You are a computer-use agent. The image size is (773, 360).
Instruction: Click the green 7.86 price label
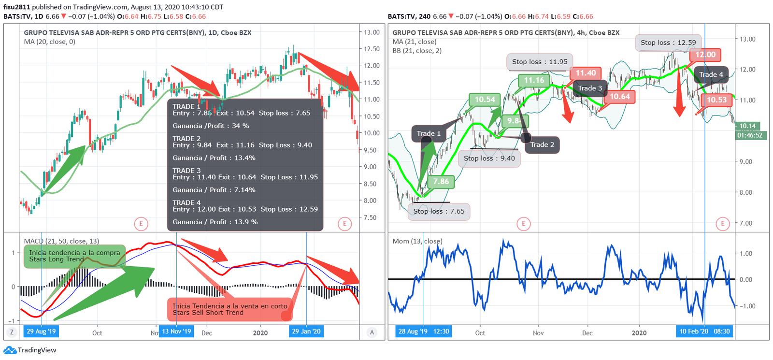click(441, 182)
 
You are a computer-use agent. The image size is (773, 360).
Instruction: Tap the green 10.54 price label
click(485, 100)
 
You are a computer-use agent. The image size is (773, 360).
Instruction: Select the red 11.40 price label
click(586, 73)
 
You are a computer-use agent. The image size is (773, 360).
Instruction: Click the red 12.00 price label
click(705, 55)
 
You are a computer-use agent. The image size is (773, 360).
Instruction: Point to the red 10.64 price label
click(619, 97)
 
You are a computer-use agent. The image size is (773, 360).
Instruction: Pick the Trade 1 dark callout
click(429, 133)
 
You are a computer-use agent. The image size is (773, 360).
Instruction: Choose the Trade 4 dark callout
click(711, 74)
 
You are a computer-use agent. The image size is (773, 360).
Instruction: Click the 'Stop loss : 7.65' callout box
click(439, 211)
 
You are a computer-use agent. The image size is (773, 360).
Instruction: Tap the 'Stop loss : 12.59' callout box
click(668, 43)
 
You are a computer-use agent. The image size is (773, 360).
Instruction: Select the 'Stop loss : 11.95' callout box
click(540, 62)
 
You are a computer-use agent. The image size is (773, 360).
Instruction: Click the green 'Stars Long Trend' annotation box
click(74, 256)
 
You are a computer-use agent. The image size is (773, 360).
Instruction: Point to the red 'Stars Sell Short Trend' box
click(230, 309)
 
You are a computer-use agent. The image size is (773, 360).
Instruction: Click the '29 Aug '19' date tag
click(41, 331)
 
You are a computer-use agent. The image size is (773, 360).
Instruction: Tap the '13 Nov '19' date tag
click(176, 331)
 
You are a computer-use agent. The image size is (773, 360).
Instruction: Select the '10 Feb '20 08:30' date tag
click(704, 331)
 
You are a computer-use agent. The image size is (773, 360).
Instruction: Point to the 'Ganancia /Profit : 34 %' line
click(211, 126)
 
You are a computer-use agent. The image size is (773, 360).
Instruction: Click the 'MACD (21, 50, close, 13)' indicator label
click(61, 241)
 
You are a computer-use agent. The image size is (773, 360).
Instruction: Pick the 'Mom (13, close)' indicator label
click(417, 241)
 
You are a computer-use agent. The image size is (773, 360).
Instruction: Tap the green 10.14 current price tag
click(747, 126)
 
